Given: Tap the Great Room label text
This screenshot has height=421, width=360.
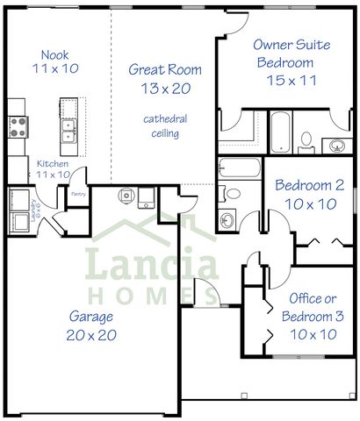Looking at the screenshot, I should pos(165,69).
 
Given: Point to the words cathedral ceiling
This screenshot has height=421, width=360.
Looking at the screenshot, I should pos(165,125).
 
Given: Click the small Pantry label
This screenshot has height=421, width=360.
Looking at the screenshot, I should pos(78,196).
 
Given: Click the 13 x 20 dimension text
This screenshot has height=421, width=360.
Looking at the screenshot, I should pos(165,88).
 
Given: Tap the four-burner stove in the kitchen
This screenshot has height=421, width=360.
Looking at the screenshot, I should pos(17,127).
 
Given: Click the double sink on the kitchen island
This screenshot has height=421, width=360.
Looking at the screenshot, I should pos(68,130).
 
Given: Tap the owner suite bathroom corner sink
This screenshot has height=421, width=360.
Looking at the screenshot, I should pos(336,145).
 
